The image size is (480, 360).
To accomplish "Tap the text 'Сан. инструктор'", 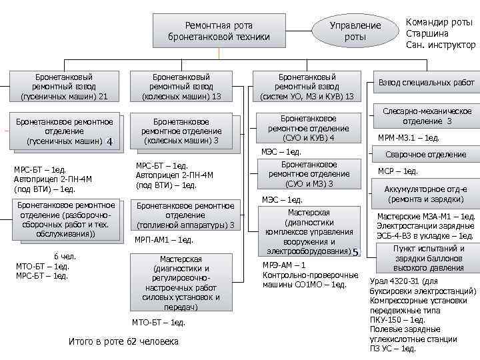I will pyautogui.click(x=440, y=45).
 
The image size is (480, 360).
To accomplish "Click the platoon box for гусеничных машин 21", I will pyautogui.click(x=64, y=87).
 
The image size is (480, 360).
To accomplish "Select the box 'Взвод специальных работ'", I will pyautogui.click(x=426, y=83).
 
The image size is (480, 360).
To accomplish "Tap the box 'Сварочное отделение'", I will pyautogui.click(x=426, y=154).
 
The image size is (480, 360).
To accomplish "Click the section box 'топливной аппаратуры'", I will pyautogui.click(x=185, y=215).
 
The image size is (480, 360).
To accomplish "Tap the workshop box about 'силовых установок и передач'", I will pyautogui.click(x=185, y=283).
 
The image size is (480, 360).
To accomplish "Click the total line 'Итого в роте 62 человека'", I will pyautogui.click(x=124, y=341).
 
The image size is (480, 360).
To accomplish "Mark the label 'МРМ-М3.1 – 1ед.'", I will pyautogui.click(x=409, y=138).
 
